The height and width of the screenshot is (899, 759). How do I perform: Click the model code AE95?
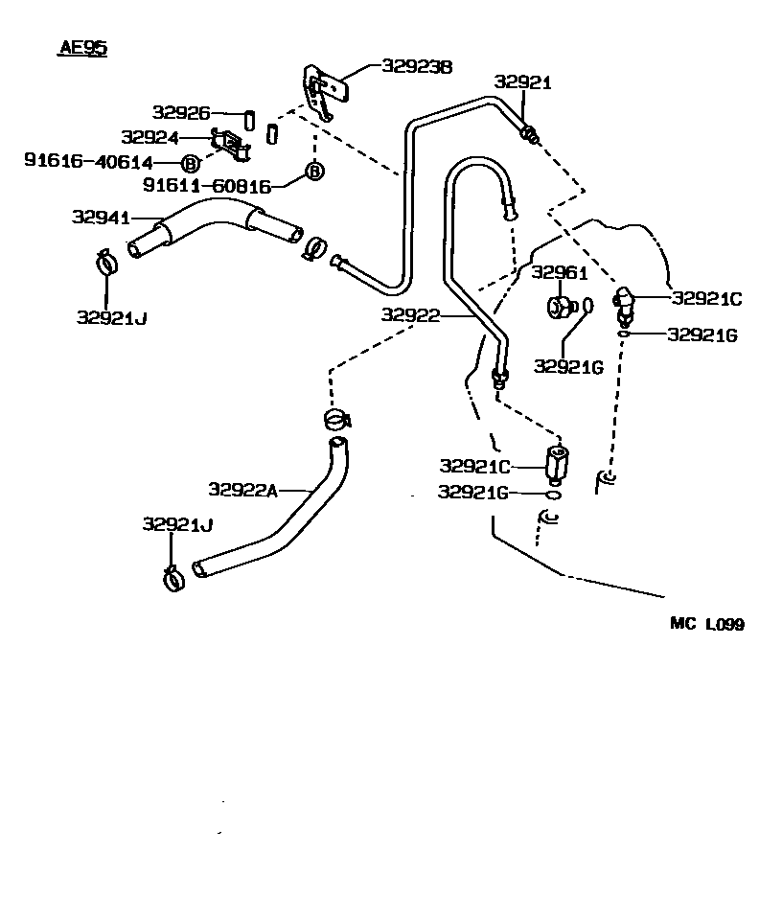(79, 49)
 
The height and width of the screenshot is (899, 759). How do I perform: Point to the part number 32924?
(149, 137)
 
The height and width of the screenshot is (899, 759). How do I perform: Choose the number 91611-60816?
(207, 184)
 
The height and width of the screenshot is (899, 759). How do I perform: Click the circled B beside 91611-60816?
(313, 172)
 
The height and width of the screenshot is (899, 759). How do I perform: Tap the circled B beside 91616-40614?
(190, 163)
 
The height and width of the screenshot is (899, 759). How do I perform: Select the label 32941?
(101, 218)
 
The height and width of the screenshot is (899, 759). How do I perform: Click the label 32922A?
(242, 490)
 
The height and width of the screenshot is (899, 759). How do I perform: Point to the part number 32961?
(559, 273)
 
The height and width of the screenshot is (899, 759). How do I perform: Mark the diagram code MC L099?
(706, 624)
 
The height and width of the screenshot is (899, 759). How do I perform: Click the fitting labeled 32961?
(559, 307)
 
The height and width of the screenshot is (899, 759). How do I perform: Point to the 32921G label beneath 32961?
(567, 366)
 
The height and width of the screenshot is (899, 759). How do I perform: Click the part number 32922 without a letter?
(410, 314)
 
